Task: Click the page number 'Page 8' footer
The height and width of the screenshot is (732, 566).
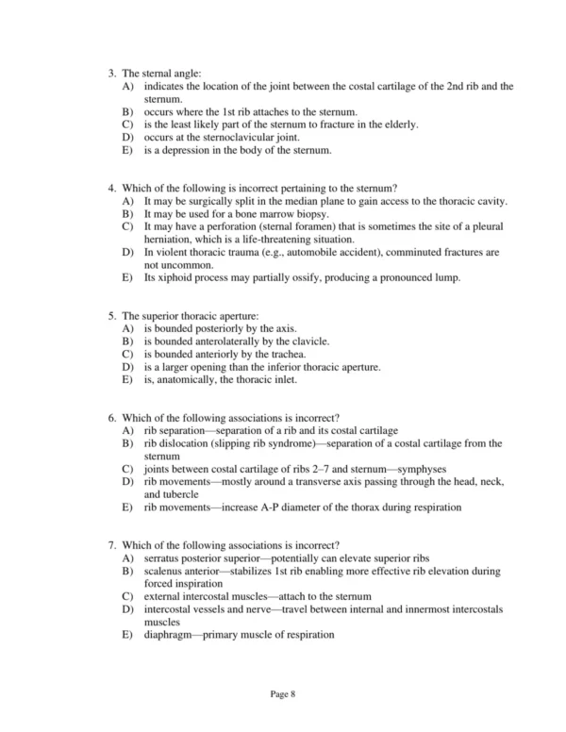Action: click(x=283, y=693)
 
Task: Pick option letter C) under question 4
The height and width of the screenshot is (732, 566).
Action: click(x=128, y=227)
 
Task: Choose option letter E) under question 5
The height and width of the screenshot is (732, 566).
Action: click(x=128, y=381)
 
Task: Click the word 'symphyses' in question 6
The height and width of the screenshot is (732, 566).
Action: click(x=422, y=469)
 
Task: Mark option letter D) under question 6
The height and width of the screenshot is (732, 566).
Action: click(x=128, y=482)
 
